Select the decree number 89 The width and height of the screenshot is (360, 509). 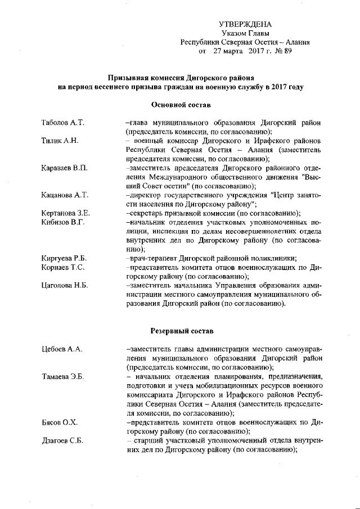287,51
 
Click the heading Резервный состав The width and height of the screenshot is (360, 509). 181,331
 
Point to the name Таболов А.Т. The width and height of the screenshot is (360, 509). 62,122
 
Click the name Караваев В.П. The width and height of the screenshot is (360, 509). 64,168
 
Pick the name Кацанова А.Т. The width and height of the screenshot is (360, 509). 65,195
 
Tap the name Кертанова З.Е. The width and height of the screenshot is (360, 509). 66,213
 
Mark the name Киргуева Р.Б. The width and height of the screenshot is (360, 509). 64,258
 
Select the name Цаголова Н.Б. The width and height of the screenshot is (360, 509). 65,286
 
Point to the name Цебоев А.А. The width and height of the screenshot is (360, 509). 62,349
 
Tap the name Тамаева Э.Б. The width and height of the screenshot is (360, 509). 62,376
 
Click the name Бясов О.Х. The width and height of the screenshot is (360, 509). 59,422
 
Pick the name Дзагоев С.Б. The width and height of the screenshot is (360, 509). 62,440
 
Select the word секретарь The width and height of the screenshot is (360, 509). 148,213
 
